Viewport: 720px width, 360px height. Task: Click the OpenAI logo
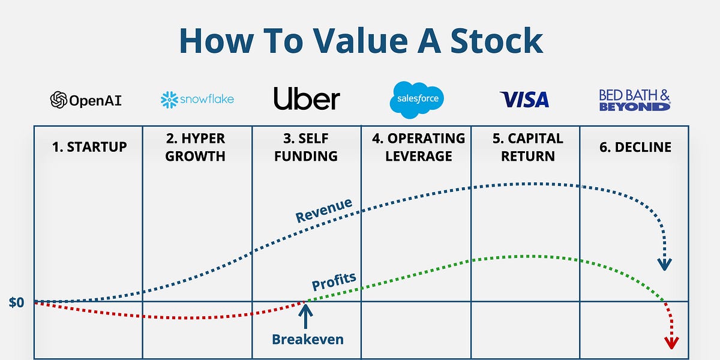tap(86, 100)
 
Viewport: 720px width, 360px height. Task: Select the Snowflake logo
tap(197, 99)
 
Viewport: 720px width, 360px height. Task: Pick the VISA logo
tap(524, 100)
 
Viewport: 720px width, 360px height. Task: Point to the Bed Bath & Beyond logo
tap(634, 100)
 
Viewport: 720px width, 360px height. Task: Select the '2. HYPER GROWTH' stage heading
tap(197, 147)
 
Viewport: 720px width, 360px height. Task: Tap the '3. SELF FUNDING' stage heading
tap(306, 147)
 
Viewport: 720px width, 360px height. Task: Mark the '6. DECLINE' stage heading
tap(634, 147)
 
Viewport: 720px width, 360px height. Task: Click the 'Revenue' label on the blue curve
tap(324, 210)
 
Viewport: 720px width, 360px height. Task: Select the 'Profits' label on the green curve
tap(334, 281)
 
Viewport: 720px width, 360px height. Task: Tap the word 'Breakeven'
tap(308, 339)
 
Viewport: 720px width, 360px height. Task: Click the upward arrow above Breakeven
tap(306, 316)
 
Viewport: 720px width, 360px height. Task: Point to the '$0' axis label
tap(16, 302)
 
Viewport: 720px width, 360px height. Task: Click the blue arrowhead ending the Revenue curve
tap(664, 264)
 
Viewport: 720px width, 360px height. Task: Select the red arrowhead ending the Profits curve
tap(671, 343)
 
